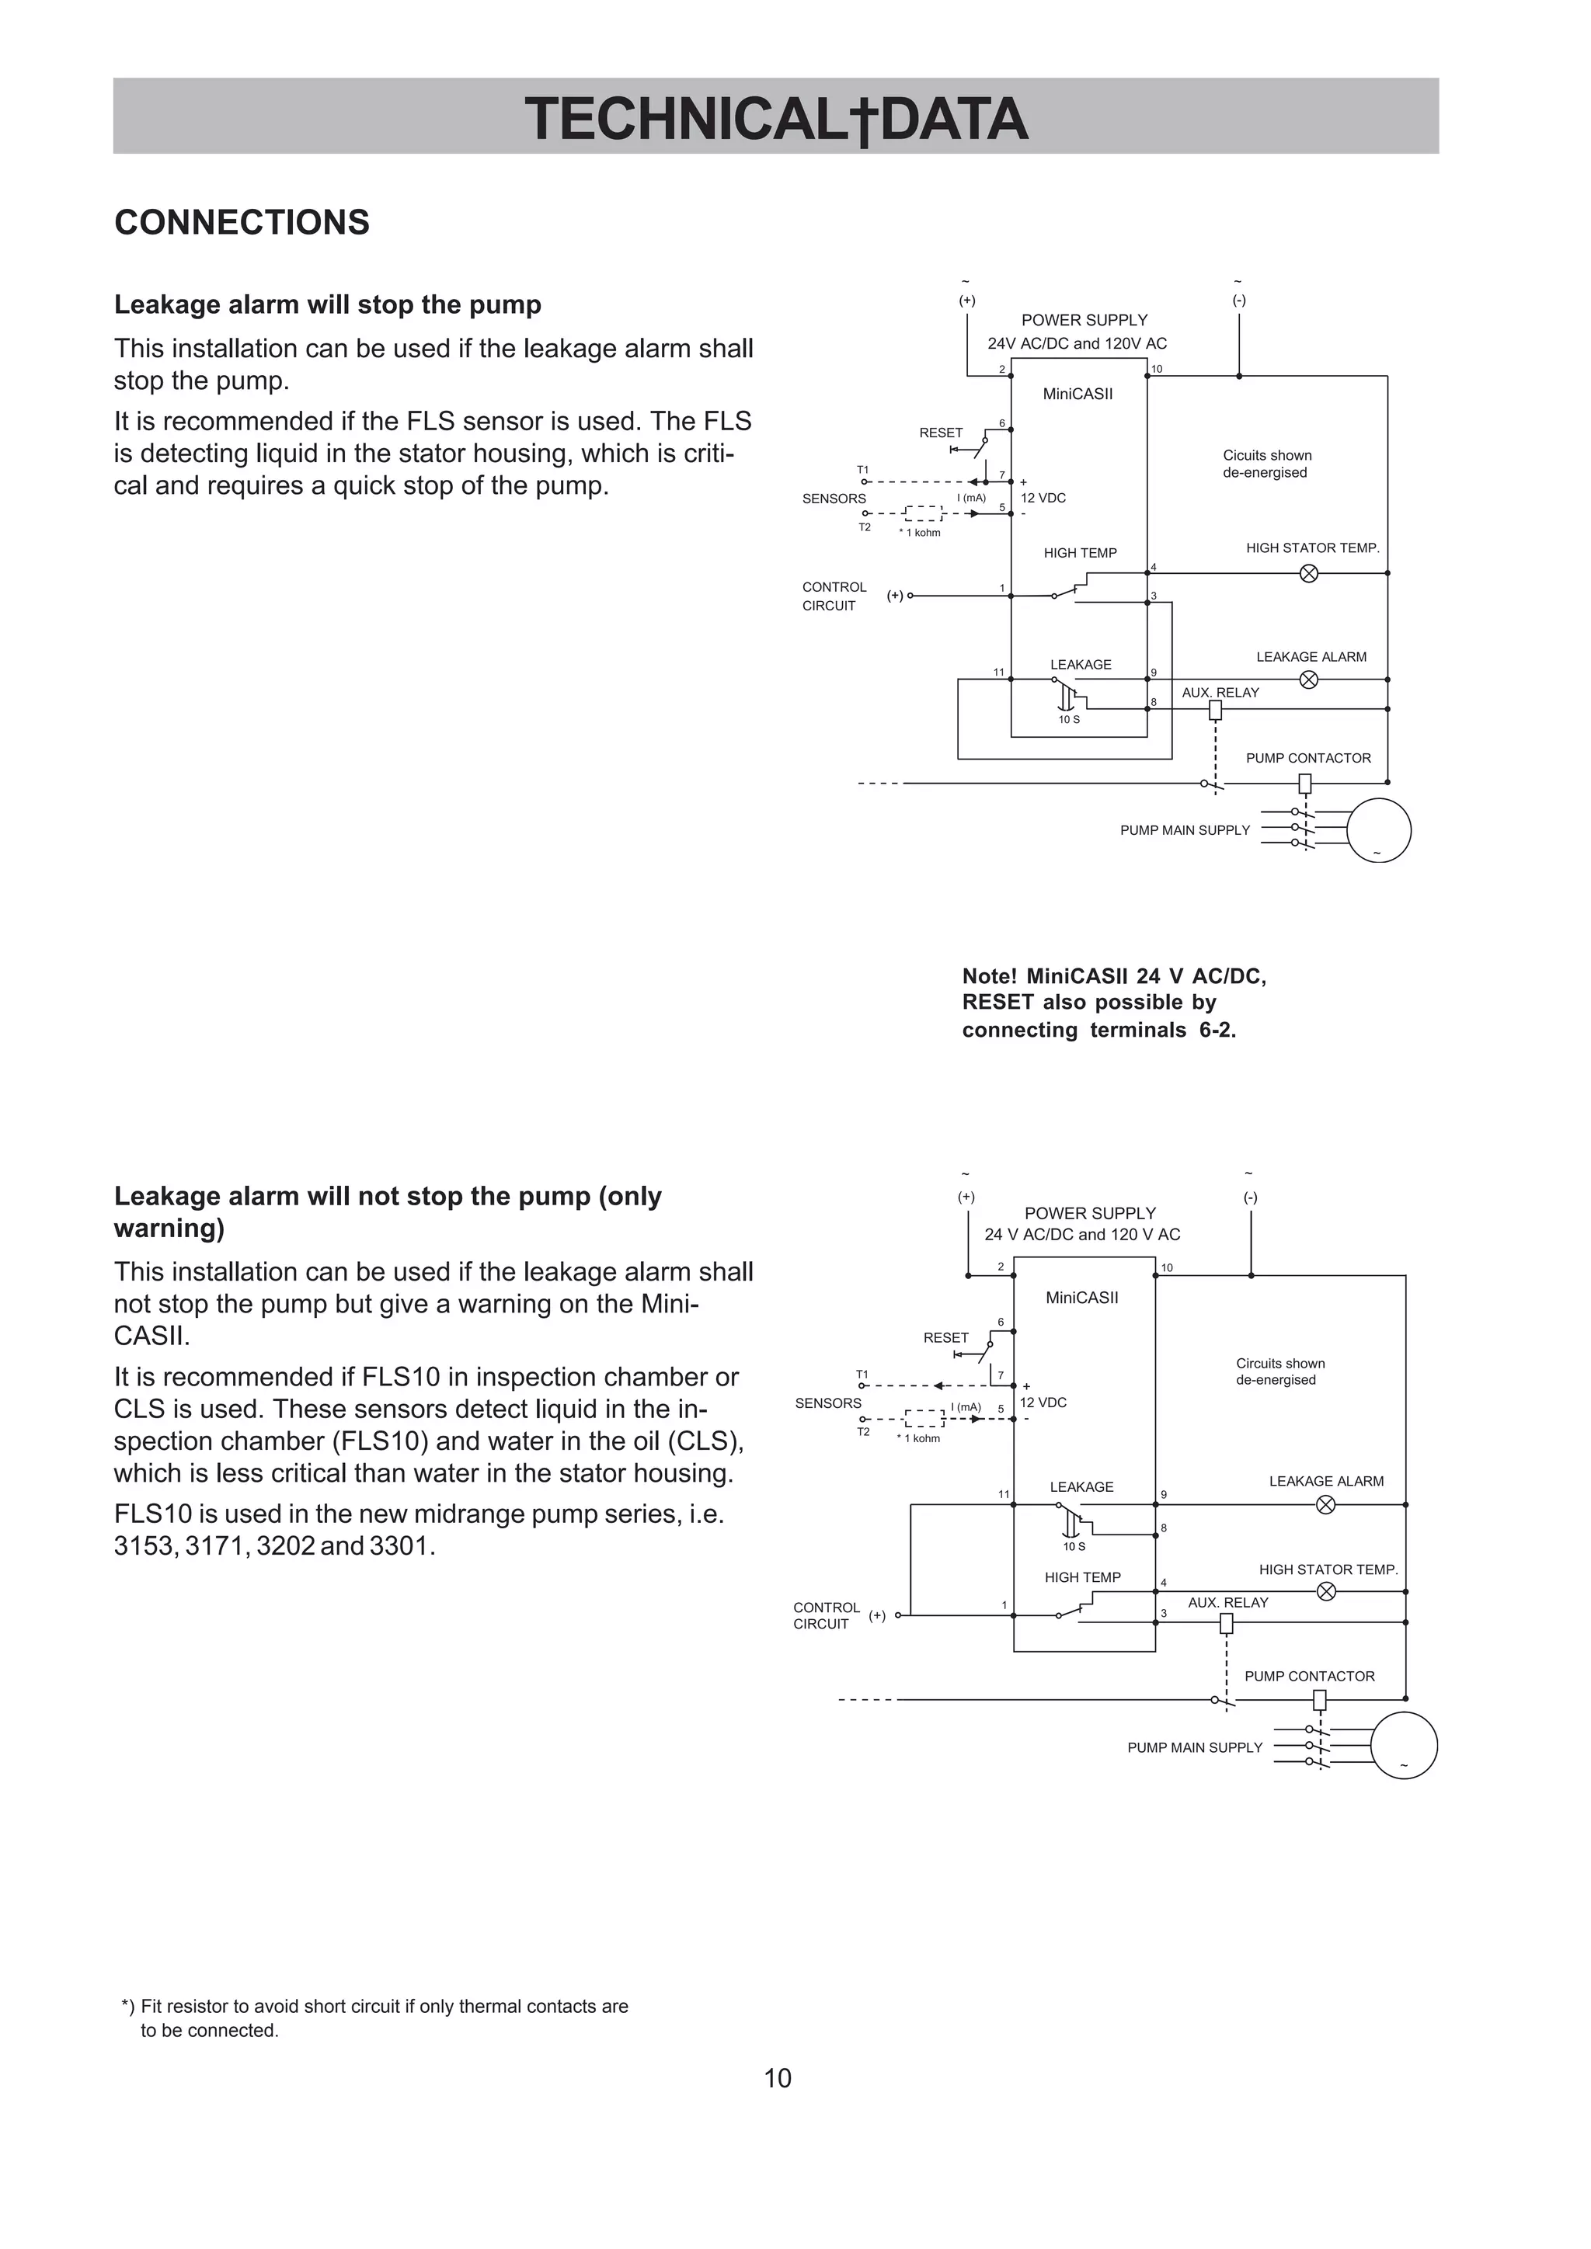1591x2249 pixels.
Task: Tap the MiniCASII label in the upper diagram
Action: [x=1077, y=394]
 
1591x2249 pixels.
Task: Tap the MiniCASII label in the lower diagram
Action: [x=1081, y=1297]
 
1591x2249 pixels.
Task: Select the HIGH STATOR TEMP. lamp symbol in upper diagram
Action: [x=1308, y=573]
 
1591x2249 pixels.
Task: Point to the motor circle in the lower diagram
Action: [x=1403, y=1746]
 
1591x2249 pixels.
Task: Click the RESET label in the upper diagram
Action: [x=941, y=432]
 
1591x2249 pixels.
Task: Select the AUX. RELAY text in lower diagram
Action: [x=1227, y=1603]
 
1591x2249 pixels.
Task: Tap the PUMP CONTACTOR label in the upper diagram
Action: [x=1308, y=758]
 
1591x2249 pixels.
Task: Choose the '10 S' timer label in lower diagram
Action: [x=1074, y=1547]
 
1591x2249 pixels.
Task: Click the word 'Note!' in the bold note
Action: [x=990, y=977]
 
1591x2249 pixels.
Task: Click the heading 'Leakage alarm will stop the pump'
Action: [x=327, y=304]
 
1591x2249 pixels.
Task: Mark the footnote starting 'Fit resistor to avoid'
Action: [x=384, y=2006]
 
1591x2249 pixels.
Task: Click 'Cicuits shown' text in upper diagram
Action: [x=1267, y=456]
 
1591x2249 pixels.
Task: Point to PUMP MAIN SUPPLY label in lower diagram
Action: [x=1194, y=1747]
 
